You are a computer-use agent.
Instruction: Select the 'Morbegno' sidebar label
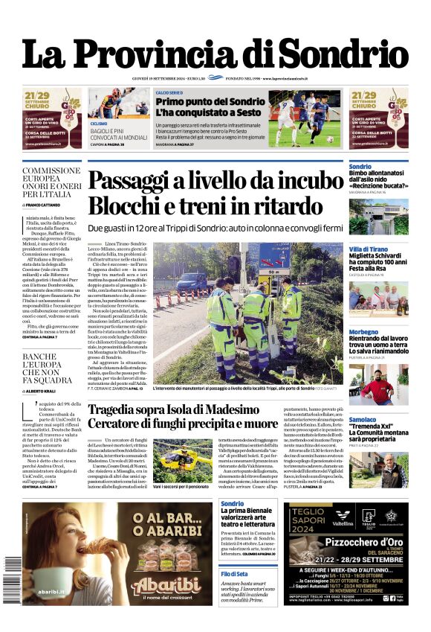tap(364, 332)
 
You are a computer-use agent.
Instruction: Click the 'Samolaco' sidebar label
tap(363, 420)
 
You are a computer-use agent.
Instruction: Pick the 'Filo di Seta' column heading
tap(235, 574)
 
